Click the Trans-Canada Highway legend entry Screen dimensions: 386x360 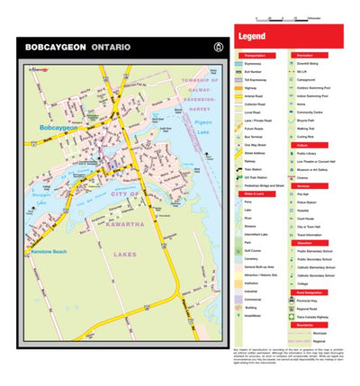[315, 316]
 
